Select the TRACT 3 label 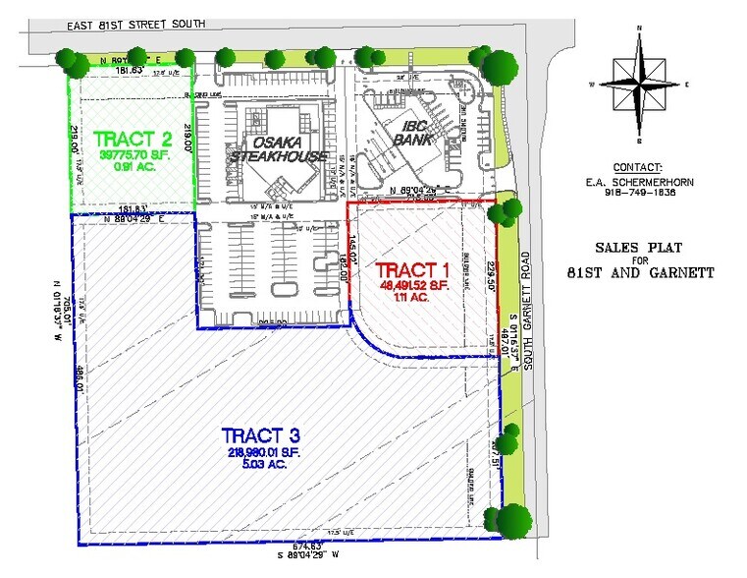[x=259, y=434]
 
